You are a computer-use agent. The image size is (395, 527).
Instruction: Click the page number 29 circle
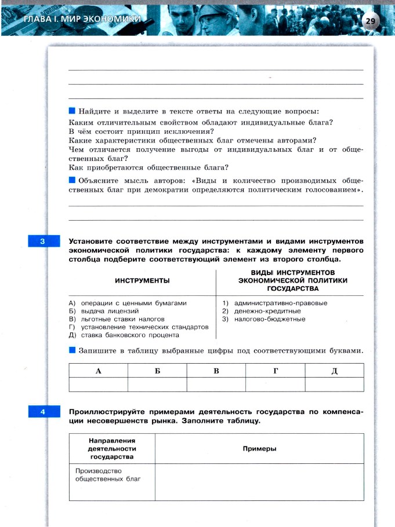tap(370, 21)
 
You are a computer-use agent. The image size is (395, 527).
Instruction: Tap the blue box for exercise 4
tap(44, 412)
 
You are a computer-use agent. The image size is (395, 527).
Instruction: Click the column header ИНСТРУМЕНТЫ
tap(142, 280)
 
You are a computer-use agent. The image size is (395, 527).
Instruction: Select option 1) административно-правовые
tap(275, 303)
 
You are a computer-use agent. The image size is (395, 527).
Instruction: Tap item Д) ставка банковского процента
tap(124, 335)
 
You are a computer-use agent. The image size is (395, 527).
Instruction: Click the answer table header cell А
tap(98, 370)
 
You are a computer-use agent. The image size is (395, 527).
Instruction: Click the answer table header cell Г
tap(275, 370)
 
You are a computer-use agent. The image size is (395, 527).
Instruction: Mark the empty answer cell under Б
tap(157, 384)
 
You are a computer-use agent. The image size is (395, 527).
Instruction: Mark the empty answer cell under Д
tap(334, 384)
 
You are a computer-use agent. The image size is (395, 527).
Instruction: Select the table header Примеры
tap(259, 449)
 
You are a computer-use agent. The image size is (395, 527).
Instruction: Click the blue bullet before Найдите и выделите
tap(72, 111)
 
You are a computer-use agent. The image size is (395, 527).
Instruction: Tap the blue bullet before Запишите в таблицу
tap(72, 350)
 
